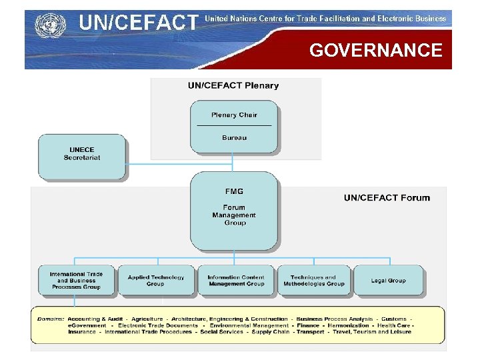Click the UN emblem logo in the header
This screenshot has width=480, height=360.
pos(47,26)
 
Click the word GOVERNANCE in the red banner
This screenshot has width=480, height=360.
pos(375,51)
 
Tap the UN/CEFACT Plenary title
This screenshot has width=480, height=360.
pos(233,85)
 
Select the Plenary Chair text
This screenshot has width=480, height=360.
pos(234,115)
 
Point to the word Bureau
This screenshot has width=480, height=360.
pos(234,137)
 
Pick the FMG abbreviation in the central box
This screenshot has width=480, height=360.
pos(234,192)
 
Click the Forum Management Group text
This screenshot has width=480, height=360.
pos(234,215)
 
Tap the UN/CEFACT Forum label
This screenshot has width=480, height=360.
pos(387,197)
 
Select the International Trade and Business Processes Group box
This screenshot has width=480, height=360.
pos(76,281)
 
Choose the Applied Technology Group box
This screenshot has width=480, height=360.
pos(155,281)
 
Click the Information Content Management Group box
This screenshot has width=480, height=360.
pos(235,281)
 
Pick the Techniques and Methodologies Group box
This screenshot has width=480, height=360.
pos(313,281)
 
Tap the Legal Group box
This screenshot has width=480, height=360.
pos(388,281)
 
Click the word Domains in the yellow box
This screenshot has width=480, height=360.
pos(51,319)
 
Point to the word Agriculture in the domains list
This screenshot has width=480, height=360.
pos(147,319)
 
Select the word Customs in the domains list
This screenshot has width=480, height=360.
pos(393,319)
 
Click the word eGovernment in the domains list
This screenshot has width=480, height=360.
pos(87,325)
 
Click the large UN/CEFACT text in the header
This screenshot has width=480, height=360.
pos(139,23)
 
